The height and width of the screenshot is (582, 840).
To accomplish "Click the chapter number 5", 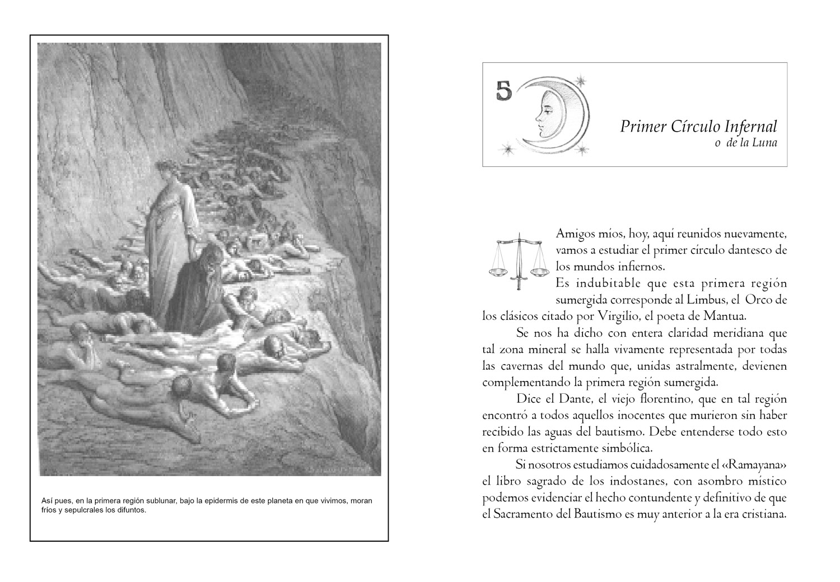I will coord(505,91).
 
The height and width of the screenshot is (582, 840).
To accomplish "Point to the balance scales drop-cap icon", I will coord(518,260).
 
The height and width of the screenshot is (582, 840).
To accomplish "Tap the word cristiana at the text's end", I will coord(764,515).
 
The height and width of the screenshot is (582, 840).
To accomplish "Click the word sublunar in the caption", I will coord(160,501).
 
